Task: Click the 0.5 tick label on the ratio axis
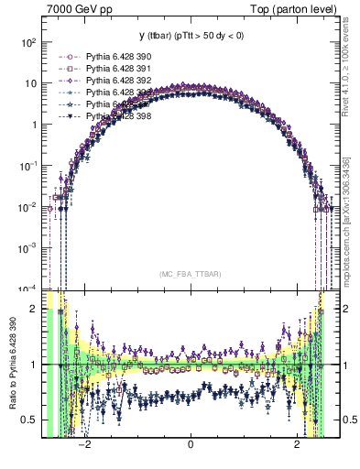(29, 420)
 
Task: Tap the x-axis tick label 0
(190, 446)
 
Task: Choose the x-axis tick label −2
(83, 446)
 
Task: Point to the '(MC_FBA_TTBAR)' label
(190, 274)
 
